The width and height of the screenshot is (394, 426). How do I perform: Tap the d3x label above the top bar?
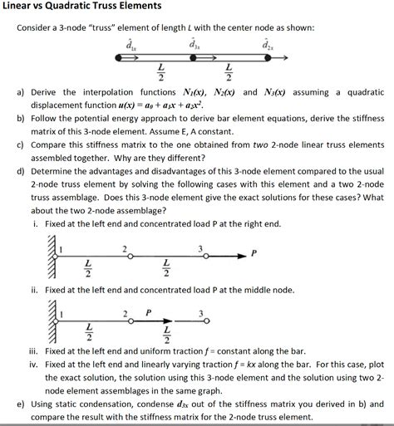tap(196, 43)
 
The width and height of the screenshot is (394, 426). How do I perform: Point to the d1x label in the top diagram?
tap(126, 43)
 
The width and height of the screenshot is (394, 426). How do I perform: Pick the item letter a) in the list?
tap(23, 92)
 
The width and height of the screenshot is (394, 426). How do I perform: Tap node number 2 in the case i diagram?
tap(125, 247)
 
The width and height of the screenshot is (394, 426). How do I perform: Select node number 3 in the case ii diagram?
tap(199, 313)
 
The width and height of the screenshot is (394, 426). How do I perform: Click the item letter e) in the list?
tap(23, 404)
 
